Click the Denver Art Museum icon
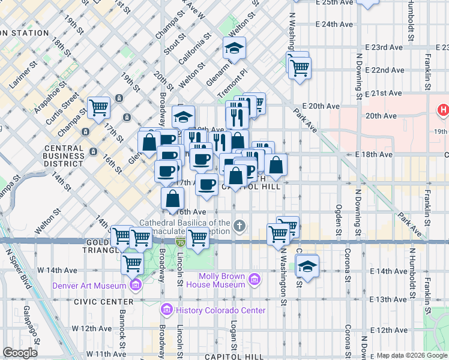click(136, 285)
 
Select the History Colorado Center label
click(219, 310)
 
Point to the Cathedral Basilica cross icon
click(240, 226)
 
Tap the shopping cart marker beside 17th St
click(99, 108)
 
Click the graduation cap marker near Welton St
click(235, 49)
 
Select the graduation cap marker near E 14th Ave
click(307, 266)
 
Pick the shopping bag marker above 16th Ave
click(173, 199)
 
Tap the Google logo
click(20, 353)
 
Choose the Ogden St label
click(339, 219)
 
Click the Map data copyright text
click(411, 355)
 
